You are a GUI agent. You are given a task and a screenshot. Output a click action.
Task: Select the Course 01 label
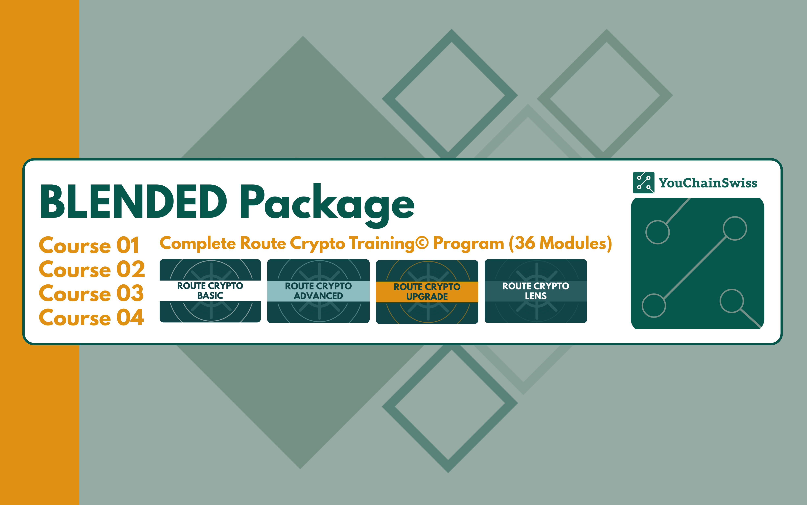click(89, 245)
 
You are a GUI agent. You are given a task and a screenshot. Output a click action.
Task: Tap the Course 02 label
click(92, 269)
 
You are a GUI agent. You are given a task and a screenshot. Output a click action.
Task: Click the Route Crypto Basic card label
click(210, 290)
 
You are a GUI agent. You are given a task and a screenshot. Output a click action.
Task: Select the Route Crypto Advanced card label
click(319, 291)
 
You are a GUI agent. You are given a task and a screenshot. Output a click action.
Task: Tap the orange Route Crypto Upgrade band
click(427, 292)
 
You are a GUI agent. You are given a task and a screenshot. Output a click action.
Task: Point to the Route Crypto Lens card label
click(536, 291)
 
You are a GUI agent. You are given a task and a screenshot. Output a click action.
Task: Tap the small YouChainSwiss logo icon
click(644, 182)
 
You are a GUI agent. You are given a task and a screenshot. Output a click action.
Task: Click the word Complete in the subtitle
click(198, 243)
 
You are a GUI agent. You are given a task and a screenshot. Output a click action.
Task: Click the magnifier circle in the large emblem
click(732, 301)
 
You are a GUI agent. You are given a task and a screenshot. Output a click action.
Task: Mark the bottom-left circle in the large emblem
click(654, 305)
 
